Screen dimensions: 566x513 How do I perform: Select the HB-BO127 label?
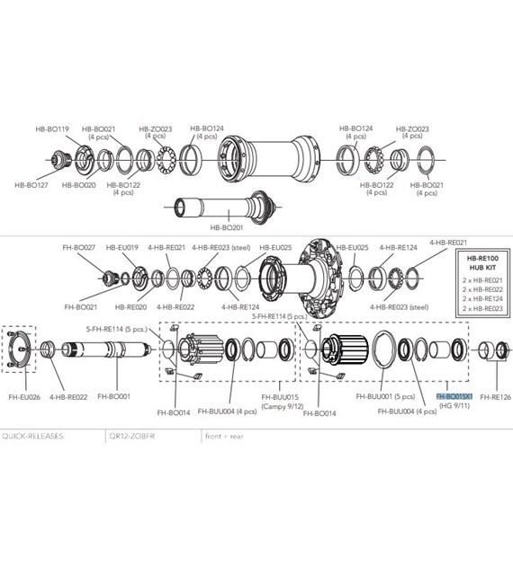click(31, 185)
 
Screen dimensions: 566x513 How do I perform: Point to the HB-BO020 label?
click(78, 185)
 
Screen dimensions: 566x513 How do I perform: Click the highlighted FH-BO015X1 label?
click(454, 396)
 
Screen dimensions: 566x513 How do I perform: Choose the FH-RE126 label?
click(495, 396)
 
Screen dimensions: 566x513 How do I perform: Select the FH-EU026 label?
click(24, 396)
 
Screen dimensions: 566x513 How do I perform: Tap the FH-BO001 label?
click(113, 396)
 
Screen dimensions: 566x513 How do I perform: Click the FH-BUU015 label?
click(279, 396)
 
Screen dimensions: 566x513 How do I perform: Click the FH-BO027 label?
click(78, 247)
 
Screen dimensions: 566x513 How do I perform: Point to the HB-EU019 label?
click(121, 247)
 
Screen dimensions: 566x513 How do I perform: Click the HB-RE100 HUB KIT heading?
click(476, 262)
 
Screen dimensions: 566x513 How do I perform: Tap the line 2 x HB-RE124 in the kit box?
click(476, 299)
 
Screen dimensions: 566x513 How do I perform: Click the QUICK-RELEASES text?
click(31, 434)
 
